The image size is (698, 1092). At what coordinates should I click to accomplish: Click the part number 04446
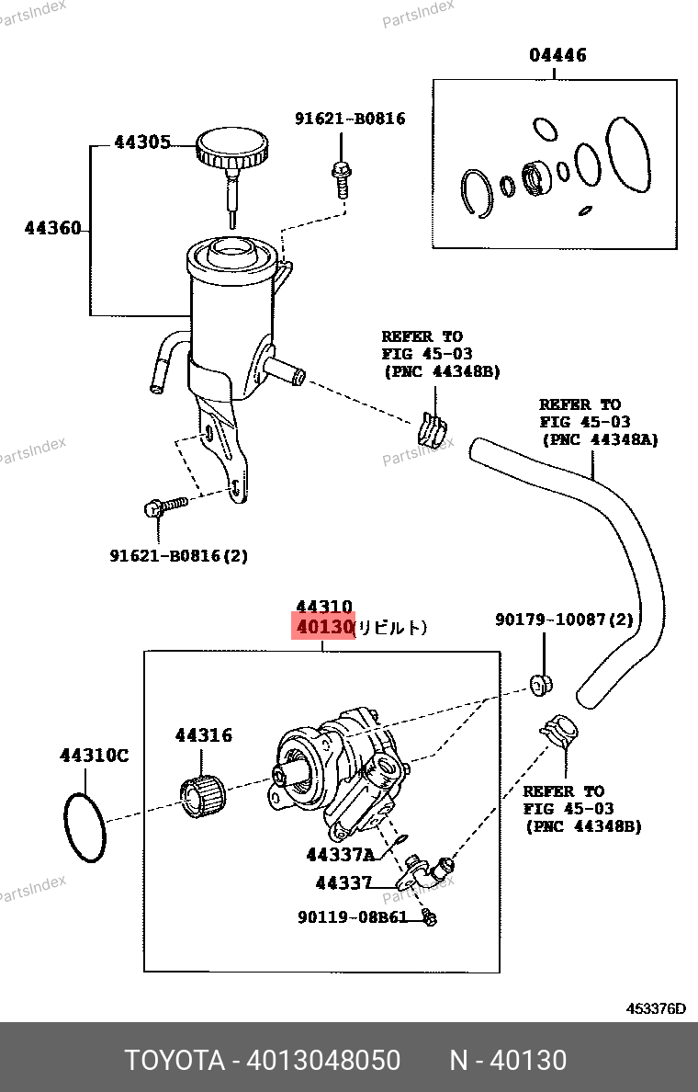(x=557, y=55)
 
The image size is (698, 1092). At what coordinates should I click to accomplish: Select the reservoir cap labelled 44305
(x=232, y=148)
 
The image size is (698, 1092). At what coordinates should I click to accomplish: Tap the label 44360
(x=52, y=228)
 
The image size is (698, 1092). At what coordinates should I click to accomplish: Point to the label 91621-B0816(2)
(x=179, y=556)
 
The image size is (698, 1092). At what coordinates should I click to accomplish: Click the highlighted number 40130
(x=324, y=628)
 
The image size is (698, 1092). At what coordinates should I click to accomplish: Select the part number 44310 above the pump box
(x=324, y=607)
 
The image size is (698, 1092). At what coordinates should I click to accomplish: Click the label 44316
(x=204, y=735)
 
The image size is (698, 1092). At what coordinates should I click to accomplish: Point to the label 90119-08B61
(x=352, y=917)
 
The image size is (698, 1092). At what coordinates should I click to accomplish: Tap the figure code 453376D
(x=656, y=1008)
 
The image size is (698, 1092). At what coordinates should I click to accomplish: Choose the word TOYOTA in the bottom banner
(x=174, y=1061)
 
